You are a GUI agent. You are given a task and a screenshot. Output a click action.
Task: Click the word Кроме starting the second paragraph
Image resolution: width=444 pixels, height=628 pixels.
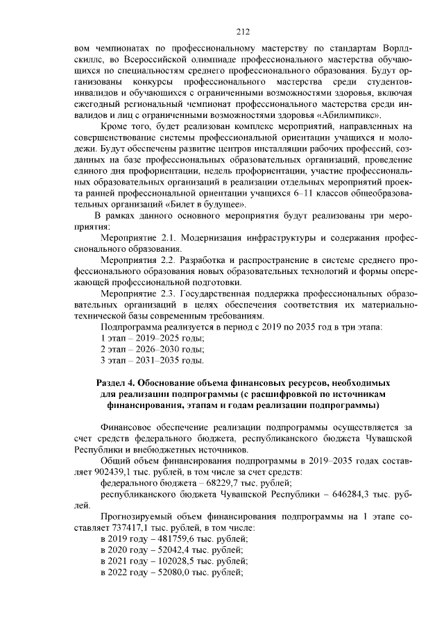point(116,127)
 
